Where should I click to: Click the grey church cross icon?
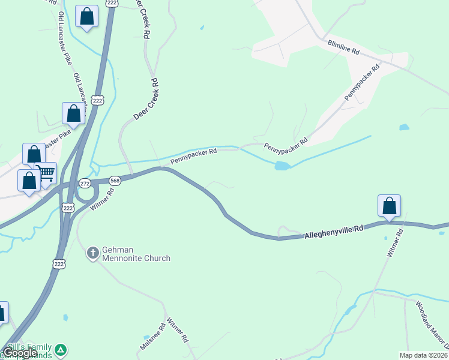pos(93,253)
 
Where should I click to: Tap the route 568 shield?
pos(115,180)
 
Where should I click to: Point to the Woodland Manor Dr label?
pos(432,324)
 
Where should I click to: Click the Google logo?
pos(19,353)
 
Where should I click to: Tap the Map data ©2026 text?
pos(423,355)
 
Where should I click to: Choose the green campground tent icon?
pos(60,349)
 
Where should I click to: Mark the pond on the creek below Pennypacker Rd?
pos(282,166)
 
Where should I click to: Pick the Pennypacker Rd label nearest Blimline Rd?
pos(363,82)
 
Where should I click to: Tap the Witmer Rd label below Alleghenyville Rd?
pos(393,243)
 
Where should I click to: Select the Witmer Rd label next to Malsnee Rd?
pos(178,329)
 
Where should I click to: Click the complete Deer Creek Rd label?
pos(145,98)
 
